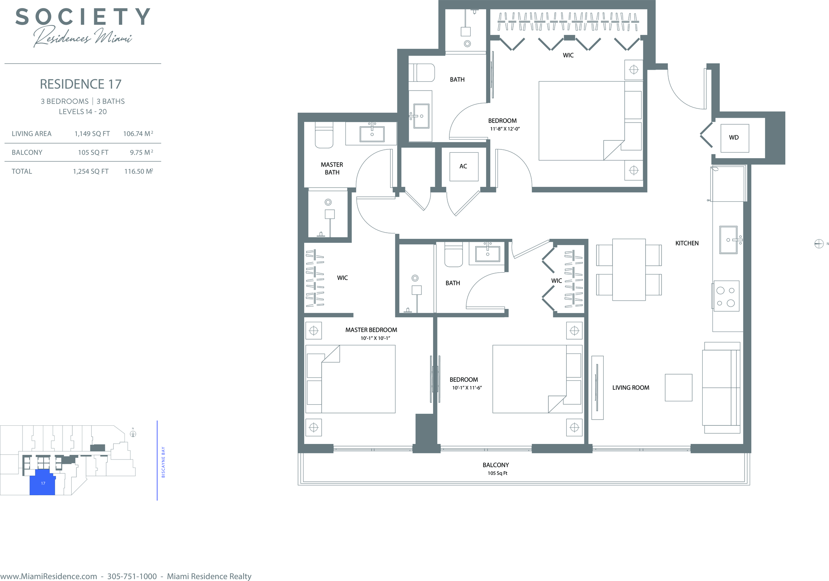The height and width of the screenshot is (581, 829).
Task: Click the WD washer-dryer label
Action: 734,137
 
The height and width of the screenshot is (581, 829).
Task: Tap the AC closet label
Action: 463,166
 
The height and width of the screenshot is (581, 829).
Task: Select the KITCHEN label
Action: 687,243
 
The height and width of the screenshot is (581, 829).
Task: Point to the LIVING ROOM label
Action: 631,388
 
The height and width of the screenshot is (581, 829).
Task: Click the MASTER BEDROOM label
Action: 371,330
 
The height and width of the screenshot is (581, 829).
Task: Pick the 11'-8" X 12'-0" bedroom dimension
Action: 505,129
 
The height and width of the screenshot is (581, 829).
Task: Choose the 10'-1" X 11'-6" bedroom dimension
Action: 467,388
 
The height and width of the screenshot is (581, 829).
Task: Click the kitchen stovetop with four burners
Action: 726,296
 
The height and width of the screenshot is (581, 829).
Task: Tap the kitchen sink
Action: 729,240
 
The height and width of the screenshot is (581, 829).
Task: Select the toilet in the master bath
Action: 324,135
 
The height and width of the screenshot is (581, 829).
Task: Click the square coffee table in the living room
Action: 678,388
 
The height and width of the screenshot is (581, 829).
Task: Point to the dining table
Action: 629,269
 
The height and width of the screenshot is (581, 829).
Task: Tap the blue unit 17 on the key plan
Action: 42,482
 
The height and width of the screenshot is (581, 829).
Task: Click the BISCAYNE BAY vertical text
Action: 163,462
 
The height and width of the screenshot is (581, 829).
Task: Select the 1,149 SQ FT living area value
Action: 92,134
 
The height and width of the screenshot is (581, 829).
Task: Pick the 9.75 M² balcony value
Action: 142,152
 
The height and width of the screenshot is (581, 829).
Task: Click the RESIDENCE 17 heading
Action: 80,84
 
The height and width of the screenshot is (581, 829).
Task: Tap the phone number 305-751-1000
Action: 132,576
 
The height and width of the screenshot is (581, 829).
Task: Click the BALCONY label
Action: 496,465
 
